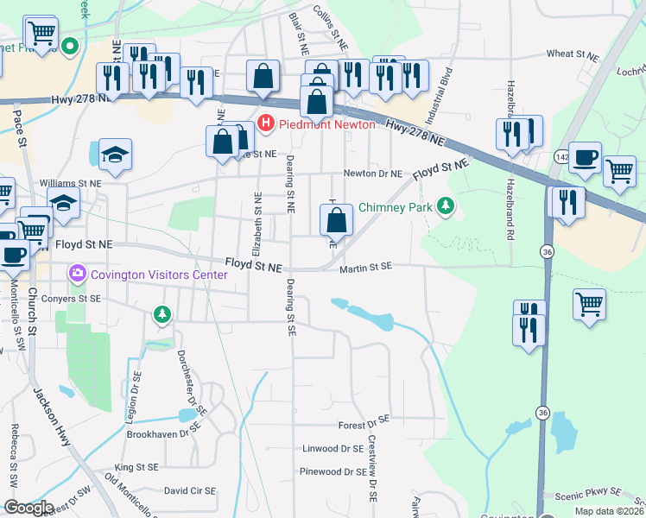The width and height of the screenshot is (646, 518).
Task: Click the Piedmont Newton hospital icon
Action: [x=266, y=124]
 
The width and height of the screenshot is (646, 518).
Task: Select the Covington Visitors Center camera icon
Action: [x=78, y=275]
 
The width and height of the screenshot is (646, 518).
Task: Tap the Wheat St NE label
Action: [x=572, y=54]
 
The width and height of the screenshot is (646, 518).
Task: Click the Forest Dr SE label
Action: [x=364, y=424]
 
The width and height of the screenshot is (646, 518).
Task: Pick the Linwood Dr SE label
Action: [x=332, y=449]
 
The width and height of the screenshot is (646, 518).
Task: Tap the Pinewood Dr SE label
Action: [x=332, y=472]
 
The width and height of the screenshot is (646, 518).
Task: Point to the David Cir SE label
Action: [x=189, y=490]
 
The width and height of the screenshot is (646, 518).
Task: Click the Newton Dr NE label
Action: [x=373, y=174]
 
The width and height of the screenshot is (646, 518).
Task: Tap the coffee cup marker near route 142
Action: [x=585, y=158]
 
